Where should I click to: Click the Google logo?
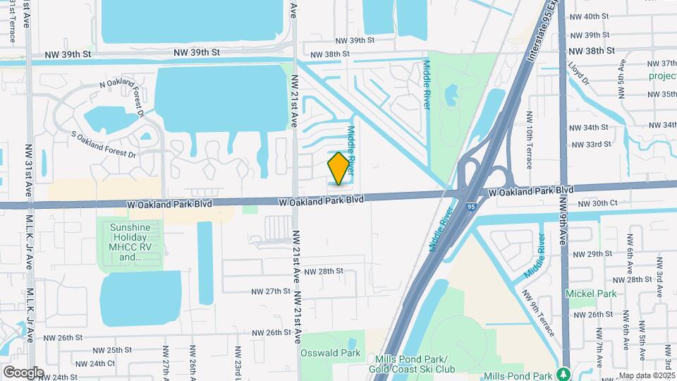coord(23,372)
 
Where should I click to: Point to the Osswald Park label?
coord(330,353)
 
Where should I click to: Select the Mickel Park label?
coord(590,294)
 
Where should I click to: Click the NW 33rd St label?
coord(590,145)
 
